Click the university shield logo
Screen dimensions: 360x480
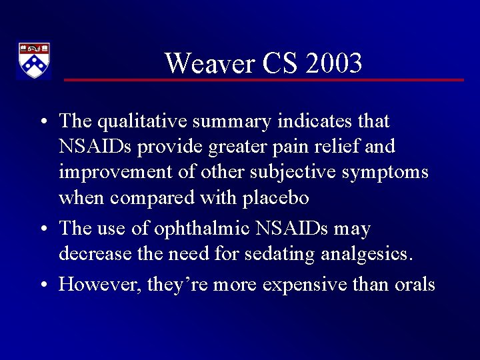click(x=33, y=61)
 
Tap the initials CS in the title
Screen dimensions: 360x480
click(x=279, y=63)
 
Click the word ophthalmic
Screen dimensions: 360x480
click(x=198, y=229)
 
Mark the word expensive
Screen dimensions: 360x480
click(x=305, y=285)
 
